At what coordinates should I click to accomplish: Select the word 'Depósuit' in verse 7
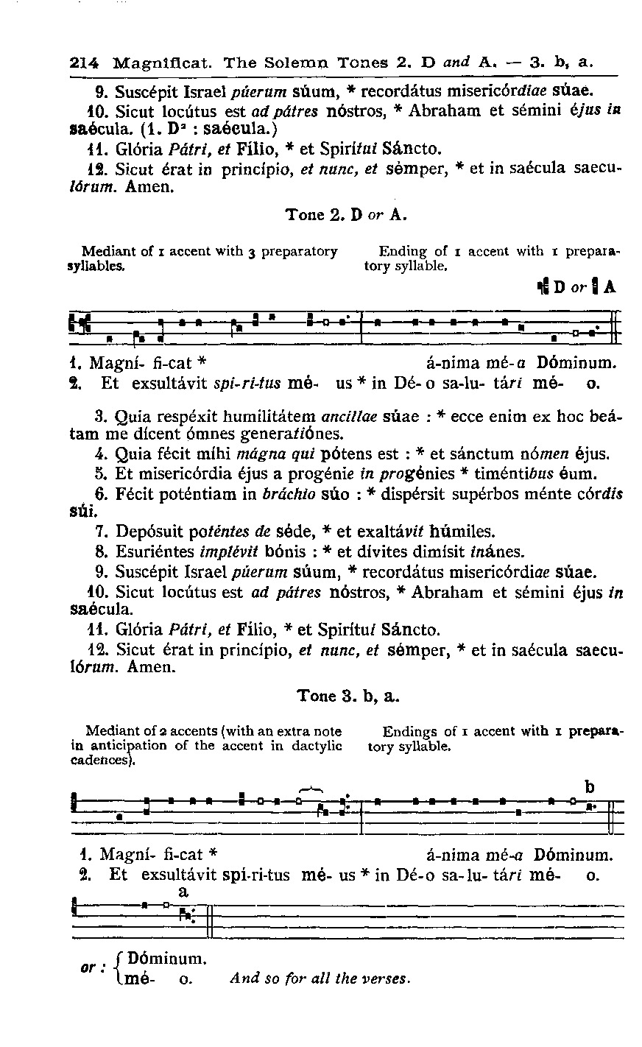[145, 531]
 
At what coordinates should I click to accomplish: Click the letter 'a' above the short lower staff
[184, 892]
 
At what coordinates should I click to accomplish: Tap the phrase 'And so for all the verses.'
[320, 979]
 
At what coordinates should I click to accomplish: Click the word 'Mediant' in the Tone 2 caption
[103, 251]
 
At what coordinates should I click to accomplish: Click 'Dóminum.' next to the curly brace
[166, 959]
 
